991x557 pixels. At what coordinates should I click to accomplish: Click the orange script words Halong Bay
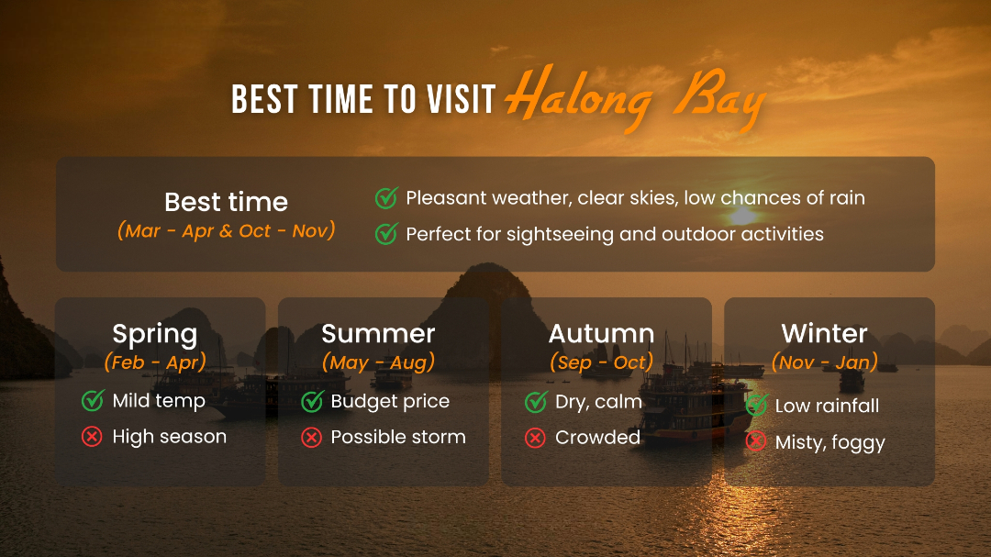635,98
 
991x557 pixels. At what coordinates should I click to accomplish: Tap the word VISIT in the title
461,100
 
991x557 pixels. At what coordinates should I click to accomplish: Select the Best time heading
227,202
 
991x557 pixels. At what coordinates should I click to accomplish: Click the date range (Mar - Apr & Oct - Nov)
227,230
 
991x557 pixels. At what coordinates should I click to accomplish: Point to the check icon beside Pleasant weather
386,198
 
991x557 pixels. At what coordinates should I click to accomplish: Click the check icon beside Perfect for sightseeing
386,234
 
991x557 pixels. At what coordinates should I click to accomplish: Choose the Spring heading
155,334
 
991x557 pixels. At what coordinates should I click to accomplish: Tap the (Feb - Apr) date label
155,362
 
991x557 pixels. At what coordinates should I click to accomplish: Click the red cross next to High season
92,436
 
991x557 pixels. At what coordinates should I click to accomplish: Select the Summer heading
378,333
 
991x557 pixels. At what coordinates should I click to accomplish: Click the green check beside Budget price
312,401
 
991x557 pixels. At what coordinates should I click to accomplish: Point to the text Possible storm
398,437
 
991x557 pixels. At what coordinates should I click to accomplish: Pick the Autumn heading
601,333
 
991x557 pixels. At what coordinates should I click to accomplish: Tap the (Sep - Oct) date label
601,362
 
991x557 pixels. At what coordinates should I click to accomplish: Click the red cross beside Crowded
535,438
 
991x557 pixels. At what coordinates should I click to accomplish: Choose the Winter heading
824,333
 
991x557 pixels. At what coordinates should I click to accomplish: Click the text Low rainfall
827,406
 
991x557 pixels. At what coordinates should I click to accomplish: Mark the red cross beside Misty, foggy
756,441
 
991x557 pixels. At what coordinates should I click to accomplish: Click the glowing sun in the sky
743,217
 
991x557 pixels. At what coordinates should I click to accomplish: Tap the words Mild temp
159,401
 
